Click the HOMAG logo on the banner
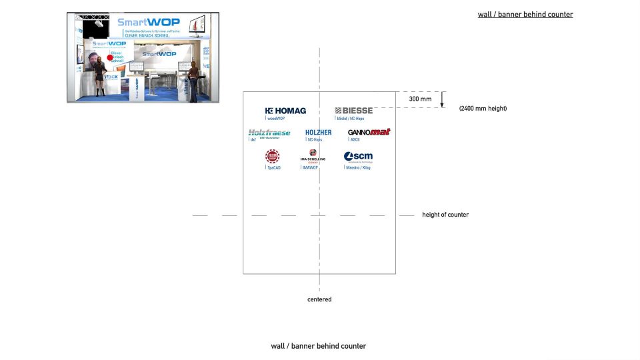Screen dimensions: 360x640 coord(285,111)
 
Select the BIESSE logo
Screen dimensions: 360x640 coord(353,111)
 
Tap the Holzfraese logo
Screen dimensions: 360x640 coord(269,133)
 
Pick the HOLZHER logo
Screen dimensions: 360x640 coord(318,133)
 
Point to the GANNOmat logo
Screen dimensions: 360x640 coord(369,132)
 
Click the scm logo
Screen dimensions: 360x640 coord(358,157)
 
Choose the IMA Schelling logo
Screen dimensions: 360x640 coord(313,155)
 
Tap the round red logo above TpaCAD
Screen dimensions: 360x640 coord(272,157)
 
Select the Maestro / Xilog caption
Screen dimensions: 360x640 coord(358,168)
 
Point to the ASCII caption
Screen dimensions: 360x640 coord(355,140)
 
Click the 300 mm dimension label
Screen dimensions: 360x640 coord(420,99)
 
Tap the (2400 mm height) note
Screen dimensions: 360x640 coord(483,108)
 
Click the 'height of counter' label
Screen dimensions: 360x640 coord(445,215)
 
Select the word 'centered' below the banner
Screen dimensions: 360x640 coord(319,299)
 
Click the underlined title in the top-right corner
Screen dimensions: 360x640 coord(525,15)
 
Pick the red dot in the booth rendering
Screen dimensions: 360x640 coord(110,57)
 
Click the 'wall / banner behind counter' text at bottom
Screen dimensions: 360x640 coord(318,346)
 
